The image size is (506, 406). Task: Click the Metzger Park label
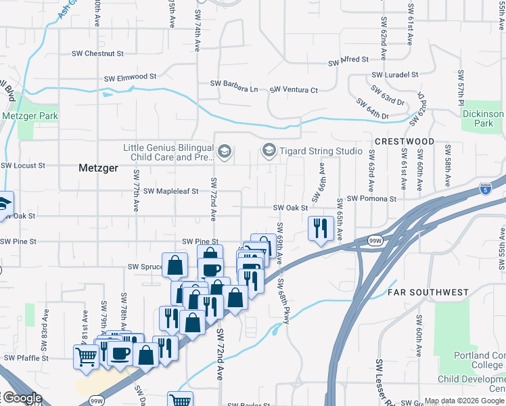click(x=30, y=116)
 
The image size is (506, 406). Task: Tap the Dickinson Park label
click(x=483, y=118)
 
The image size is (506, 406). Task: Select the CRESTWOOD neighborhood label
click(x=403, y=141)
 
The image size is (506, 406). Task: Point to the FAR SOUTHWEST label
click(x=428, y=292)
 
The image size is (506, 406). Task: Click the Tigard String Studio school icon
click(x=269, y=150)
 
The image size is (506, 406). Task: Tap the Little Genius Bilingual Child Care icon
click(x=225, y=150)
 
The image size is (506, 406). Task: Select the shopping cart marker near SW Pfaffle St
click(x=87, y=356)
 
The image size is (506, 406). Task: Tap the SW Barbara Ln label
click(x=234, y=89)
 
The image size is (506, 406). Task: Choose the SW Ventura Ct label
click(x=294, y=90)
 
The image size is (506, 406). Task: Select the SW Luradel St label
click(x=396, y=74)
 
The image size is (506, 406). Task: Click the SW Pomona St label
click(x=371, y=198)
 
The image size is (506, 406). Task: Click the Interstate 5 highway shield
click(x=484, y=188)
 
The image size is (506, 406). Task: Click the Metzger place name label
click(x=98, y=167)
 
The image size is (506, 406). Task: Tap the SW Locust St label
click(x=23, y=165)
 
